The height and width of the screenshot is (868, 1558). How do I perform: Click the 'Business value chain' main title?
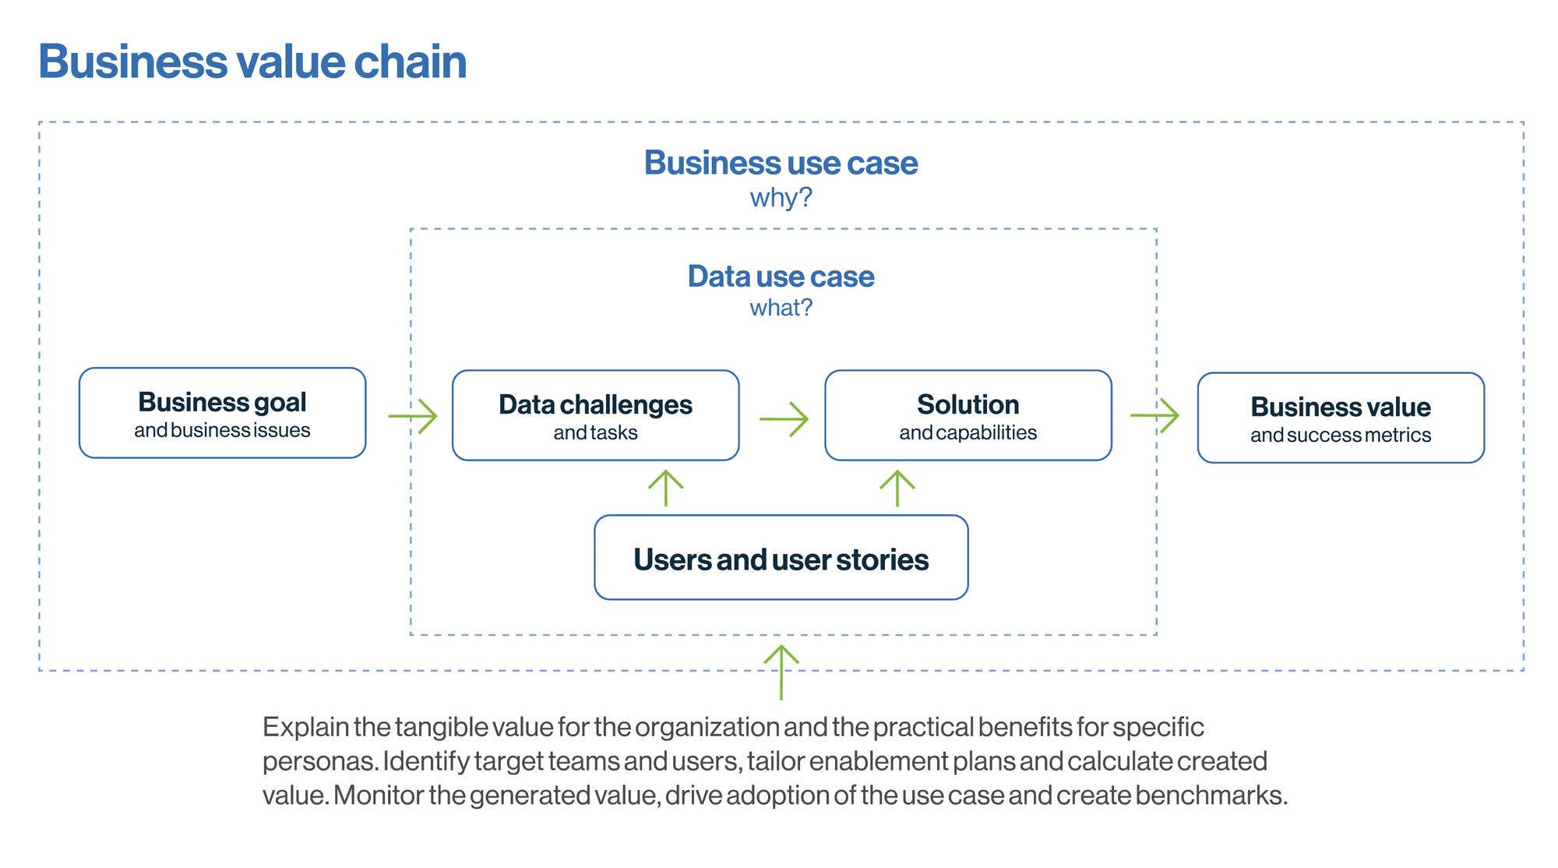pyautogui.click(x=252, y=62)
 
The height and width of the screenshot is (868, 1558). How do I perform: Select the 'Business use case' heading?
pyautogui.click(x=781, y=163)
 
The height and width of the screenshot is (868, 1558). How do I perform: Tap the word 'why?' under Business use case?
pyautogui.click(x=781, y=198)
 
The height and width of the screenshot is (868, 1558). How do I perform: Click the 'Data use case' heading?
pyautogui.click(x=781, y=277)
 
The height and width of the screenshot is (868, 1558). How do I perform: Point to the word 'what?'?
pyautogui.click(x=781, y=308)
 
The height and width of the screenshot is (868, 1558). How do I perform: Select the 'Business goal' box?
pyautogui.click(x=222, y=413)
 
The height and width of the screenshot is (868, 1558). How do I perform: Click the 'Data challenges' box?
pyautogui.click(x=595, y=415)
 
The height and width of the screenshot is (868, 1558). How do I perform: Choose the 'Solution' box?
pyautogui.click(x=968, y=415)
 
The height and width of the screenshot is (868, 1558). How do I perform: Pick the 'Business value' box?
pyautogui.click(x=1341, y=418)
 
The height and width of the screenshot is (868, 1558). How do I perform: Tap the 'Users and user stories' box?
pyautogui.click(x=781, y=557)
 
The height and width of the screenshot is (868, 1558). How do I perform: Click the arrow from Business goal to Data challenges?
pyautogui.click(x=413, y=416)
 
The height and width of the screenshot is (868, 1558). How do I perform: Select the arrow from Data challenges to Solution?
pyautogui.click(x=784, y=418)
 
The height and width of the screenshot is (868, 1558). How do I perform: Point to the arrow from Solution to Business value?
pyautogui.click(x=1154, y=415)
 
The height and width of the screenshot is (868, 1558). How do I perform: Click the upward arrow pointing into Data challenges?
pyautogui.click(x=666, y=489)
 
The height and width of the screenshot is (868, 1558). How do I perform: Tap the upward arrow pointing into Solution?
pyautogui.click(x=897, y=489)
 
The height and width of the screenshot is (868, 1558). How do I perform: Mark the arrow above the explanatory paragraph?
pyautogui.click(x=781, y=672)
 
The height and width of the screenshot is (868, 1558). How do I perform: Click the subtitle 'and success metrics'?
pyautogui.click(x=1341, y=435)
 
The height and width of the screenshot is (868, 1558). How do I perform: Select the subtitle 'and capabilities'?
pyautogui.click(x=968, y=433)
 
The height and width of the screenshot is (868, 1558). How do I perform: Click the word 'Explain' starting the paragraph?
pyautogui.click(x=305, y=727)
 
